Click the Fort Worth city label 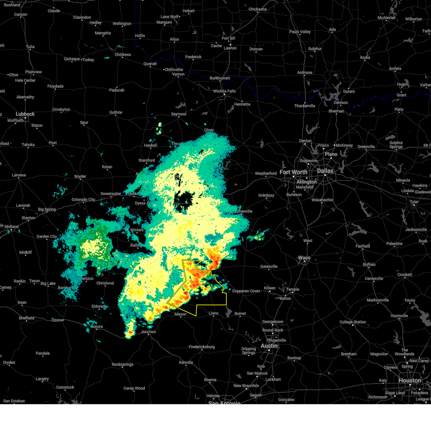(x=293, y=172)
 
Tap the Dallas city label (x=325, y=171)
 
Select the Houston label (x=410, y=380)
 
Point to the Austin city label (x=269, y=346)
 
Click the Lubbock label (x=25, y=114)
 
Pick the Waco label (x=304, y=258)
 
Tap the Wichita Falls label (x=224, y=91)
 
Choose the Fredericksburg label (x=202, y=347)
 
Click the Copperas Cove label (x=246, y=291)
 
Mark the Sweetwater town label (x=111, y=194)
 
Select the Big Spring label (x=47, y=209)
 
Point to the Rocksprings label (x=122, y=365)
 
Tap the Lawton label (x=230, y=48)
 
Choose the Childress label (x=123, y=55)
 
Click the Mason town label (x=180, y=314)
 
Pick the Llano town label (x=214, y=313)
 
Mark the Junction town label (x=148, y=332)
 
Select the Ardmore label (x=305, y=73)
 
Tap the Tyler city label (x=414, y=202)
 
